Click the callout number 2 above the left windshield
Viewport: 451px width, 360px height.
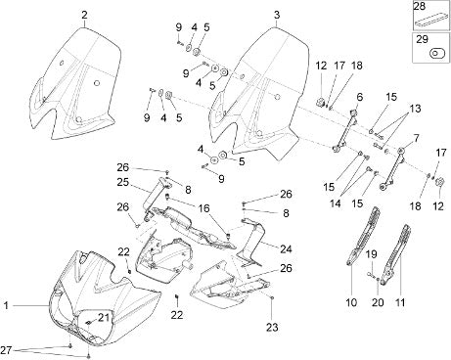pos(85,15)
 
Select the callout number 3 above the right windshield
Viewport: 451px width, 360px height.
pos(277,15)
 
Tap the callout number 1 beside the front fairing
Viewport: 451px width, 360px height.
pos(6,305)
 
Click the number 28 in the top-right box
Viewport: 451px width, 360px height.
pos(419,6)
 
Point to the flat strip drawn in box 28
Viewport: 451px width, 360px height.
pos(430,20)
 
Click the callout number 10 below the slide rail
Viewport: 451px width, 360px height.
pos(351,302)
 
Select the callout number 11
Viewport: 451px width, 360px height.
pos(400,302)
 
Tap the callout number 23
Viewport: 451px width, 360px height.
pos(273,327)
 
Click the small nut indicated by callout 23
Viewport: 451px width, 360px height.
pos(272,297)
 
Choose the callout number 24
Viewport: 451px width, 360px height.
pos(286,249)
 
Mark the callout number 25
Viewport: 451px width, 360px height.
pos(123,182)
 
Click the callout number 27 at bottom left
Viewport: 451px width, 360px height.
pos(6,350)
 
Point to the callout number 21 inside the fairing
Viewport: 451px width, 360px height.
pos(104,317)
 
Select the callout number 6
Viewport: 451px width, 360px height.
pos(360,97)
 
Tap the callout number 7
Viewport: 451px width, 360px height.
pos(417,138)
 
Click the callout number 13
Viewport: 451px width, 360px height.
pos(415,109)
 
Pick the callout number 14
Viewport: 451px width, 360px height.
pos(336,202)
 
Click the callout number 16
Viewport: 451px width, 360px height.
pos(204,208)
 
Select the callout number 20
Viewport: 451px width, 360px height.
pos(378,302)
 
